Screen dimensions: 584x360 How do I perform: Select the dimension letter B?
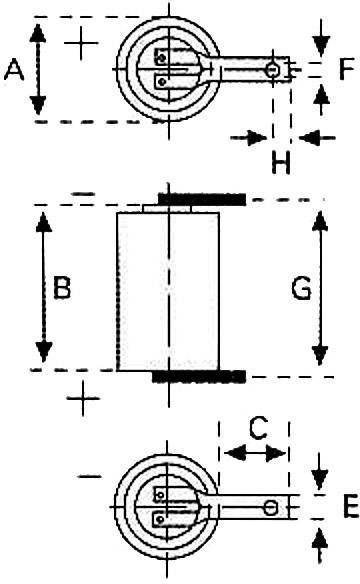pos(61,290)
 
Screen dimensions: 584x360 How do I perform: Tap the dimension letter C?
pos(257,429)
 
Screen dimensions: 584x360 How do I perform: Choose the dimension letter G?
pos(300,290)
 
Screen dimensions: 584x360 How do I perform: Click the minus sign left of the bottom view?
pos(90,477)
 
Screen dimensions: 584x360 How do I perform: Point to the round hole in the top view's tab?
pos(272,70)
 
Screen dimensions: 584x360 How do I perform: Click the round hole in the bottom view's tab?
pos(271,508)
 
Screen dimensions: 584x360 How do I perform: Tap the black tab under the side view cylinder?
pos(200,376)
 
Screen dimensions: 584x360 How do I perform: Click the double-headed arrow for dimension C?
pos(252,453)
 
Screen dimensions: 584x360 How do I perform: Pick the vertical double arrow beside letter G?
pos(320,288)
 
